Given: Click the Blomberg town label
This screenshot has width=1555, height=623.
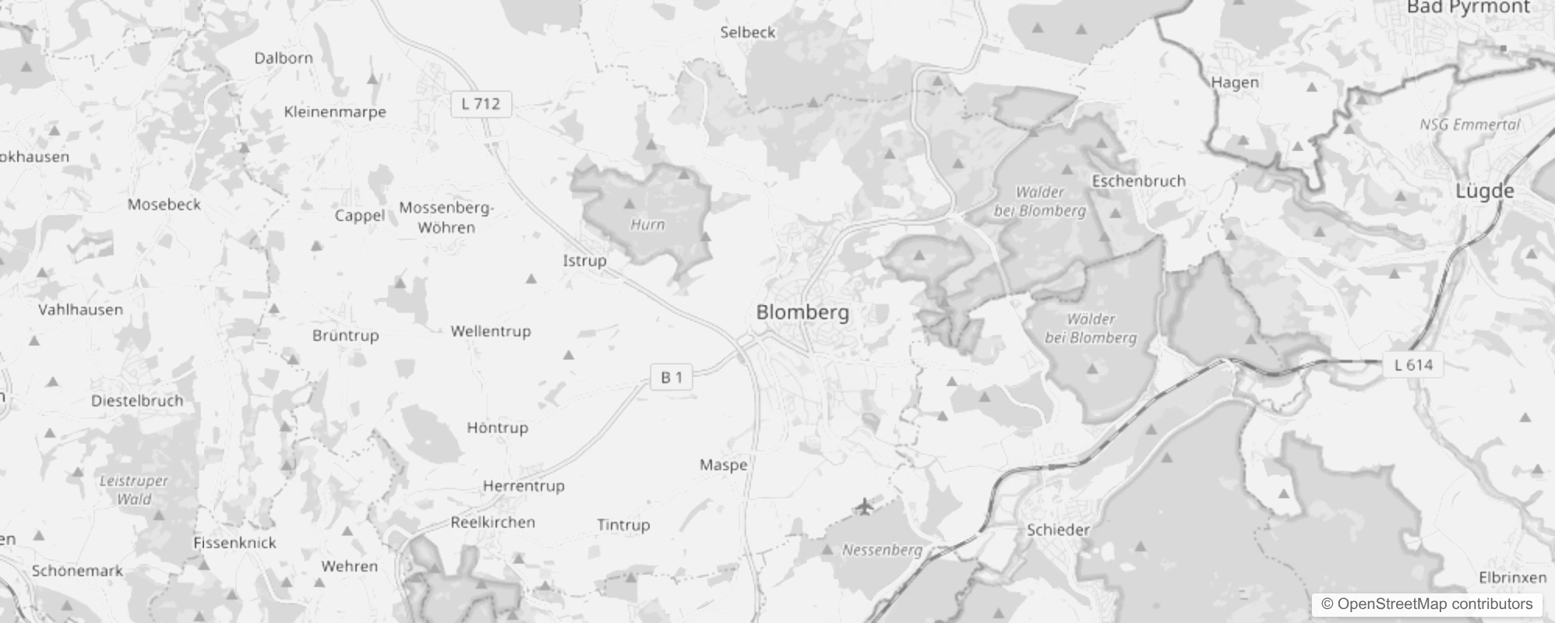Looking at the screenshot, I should [x=802, y=312].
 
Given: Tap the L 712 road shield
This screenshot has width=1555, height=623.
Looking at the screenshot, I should [x=481, y=104].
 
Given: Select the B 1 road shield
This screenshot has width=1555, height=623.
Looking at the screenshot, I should [x=672, y=378].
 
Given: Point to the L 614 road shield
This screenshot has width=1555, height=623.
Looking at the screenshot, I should [x=1413, y=364].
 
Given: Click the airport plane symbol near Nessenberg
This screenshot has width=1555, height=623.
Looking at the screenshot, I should [x=864, y=507].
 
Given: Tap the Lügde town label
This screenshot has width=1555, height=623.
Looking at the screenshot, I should [x=1485, y=191].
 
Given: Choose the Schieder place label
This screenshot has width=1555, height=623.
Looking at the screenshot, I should [x=1058, y=530].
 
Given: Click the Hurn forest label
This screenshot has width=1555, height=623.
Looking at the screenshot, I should [x=647, y=224].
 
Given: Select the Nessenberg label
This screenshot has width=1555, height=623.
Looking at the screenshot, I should [x=882, y=550].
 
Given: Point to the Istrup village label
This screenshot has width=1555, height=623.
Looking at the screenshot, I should [x=584, y=260].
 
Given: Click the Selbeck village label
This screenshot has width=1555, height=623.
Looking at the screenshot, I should [x=747, y=32].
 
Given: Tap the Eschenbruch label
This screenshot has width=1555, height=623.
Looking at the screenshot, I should [x=1138, y=181].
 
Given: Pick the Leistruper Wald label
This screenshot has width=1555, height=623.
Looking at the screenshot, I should [x=133, y=490].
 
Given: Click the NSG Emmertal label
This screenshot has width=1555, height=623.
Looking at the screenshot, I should [x=1469, y=125].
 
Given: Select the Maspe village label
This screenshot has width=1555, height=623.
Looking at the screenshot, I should [x=723, y=465].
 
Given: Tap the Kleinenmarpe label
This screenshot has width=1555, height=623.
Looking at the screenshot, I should [x=335, y=111].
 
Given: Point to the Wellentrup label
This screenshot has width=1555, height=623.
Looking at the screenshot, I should [x=490, y=331].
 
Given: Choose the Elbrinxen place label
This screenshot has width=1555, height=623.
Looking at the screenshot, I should [x=1512, y=577].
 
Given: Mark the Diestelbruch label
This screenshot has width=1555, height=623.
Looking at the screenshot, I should [x=137, y=400].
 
